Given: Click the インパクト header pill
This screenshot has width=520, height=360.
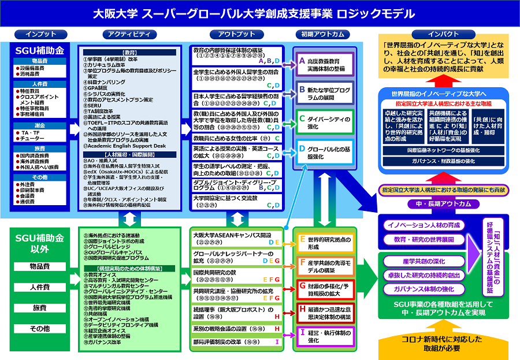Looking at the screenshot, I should click(x=444, y=34).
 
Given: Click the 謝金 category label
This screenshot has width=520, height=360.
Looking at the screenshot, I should click(x=39, y=125).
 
